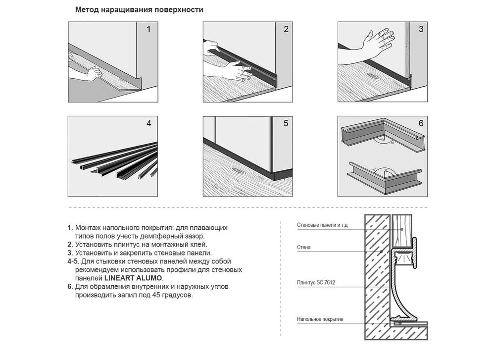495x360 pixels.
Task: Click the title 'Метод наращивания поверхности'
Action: click(139, 10)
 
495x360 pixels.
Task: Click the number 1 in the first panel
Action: click(148, 29)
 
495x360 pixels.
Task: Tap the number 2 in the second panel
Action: click(286, 29)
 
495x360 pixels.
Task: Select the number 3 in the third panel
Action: click(421, 29)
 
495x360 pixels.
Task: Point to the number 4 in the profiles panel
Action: click(148, 123)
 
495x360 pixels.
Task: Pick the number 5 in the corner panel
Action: click(286, 123)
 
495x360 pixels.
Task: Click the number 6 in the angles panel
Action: click(421, 123)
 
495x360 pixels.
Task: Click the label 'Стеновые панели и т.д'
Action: click(322, 225)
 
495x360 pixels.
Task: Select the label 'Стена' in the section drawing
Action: click(304, 247)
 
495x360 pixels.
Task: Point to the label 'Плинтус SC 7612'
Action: click(316, 283)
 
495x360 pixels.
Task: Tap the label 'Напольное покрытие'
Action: click(320, 319)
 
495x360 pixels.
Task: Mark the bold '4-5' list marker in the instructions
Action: click(73, 261)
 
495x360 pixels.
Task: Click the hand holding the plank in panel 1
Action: click(94, 74)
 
